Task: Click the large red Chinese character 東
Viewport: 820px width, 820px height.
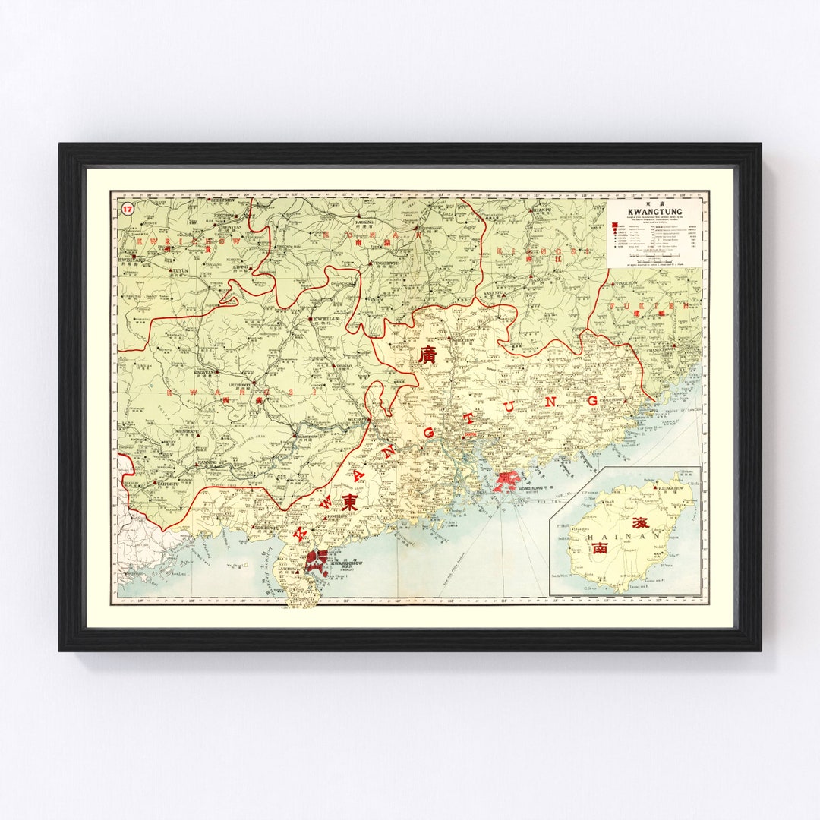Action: (x=350, y=502)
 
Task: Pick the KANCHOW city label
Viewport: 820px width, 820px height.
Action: (x=541, y=279)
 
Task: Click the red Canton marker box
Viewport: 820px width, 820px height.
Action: (x=470, y=435)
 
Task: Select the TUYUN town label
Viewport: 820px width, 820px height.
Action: (x=181, y=270)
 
